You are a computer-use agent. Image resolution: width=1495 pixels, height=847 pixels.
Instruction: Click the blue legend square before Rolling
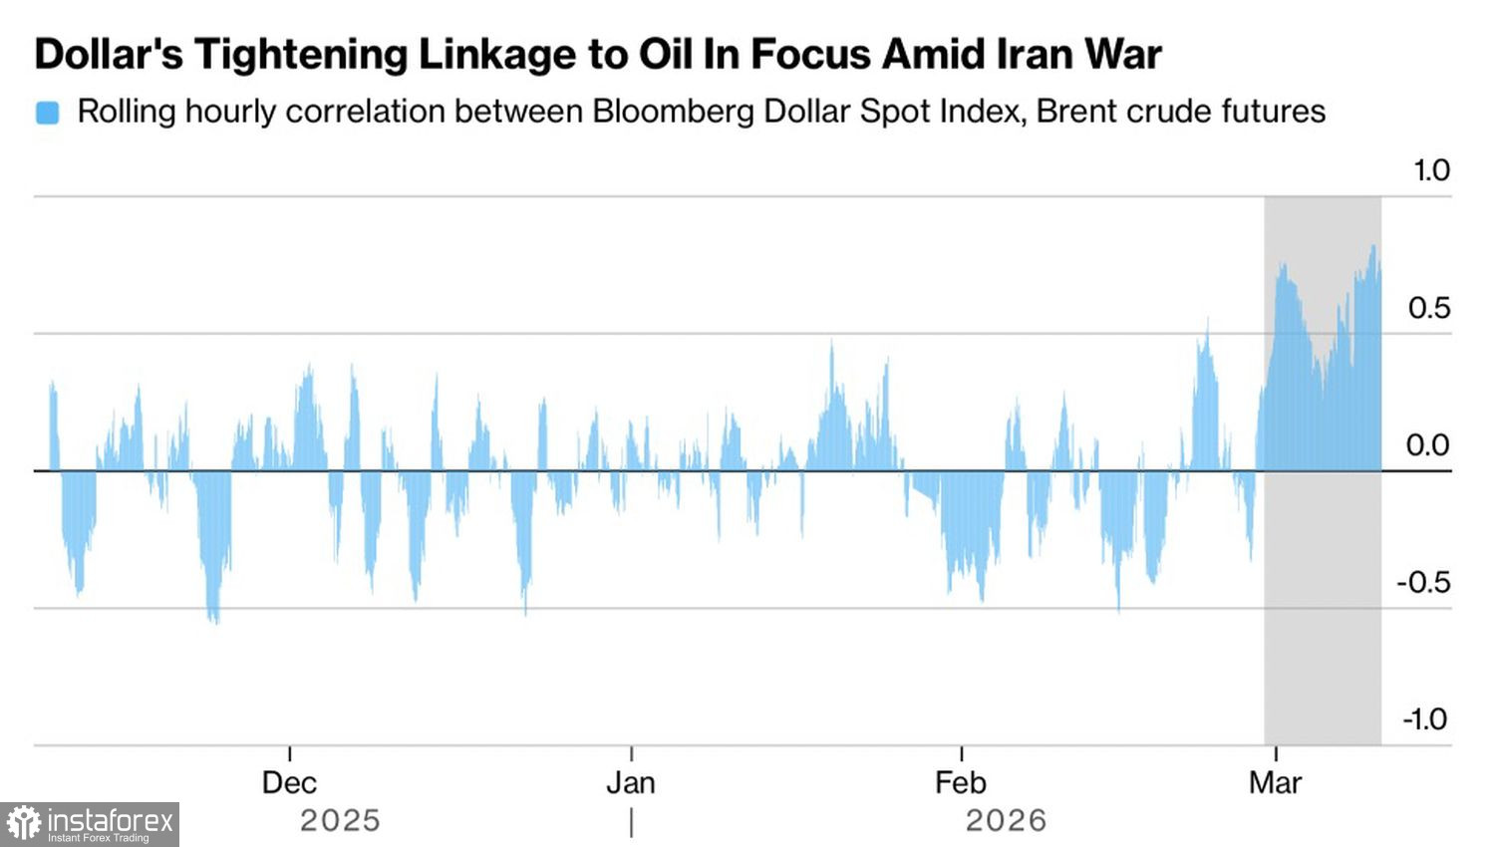[x=47, y=113]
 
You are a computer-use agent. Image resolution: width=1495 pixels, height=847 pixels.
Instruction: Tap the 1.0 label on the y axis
[x=1431, y=170]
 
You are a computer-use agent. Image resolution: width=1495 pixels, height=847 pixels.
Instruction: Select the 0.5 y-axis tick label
[x=1428, y=308]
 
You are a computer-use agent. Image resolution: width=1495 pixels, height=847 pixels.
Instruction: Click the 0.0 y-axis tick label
[x=1427, y=445]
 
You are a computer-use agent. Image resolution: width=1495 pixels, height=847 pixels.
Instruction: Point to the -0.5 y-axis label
[x=1423, y=583]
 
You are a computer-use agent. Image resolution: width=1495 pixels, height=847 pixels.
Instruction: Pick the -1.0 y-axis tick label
[x=1424, y=719]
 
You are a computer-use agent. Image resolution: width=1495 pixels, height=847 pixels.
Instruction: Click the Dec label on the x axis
[x=289, y=783]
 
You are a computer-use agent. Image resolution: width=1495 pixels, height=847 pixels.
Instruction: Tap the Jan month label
[x=631, y=783]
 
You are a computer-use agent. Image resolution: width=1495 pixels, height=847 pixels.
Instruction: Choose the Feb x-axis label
[x=961, y=783]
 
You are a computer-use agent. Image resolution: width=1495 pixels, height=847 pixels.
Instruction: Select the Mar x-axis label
[x=1275, y=783]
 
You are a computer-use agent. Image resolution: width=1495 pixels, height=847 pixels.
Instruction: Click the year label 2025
[x=340, y=821]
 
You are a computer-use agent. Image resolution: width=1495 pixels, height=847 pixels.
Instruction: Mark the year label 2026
[x=1006, y=821]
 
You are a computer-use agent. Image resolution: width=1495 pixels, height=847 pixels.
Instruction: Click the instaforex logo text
[x=111, y=821]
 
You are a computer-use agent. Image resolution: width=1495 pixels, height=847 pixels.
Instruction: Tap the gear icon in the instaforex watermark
[x=24, y=824]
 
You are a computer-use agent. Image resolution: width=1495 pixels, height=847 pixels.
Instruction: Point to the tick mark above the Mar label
[x=1276, y=753]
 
